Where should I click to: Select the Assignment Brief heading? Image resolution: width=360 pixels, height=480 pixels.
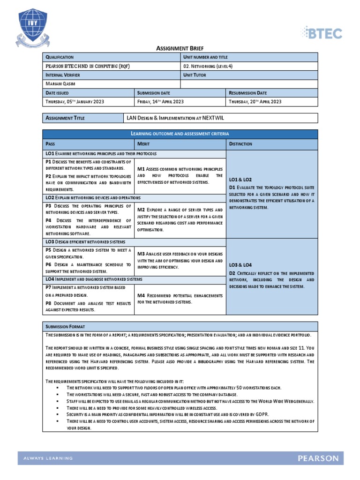(180, 48)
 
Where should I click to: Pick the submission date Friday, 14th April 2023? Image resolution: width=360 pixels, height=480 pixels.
(160, 102)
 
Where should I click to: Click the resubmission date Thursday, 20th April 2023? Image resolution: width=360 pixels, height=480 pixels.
(255, 102)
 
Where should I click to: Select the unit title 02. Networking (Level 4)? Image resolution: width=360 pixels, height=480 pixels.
(208, 66)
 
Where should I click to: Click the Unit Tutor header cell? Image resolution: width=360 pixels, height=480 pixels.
(195, 75)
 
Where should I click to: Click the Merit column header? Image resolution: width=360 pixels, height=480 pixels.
(143, 144)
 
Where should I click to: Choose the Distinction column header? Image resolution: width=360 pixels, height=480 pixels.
(240, 144)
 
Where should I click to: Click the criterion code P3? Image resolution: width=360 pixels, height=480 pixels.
(48, 206)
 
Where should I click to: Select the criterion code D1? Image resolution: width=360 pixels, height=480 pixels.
(232, 187)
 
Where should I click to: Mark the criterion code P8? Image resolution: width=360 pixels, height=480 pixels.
(48, 303)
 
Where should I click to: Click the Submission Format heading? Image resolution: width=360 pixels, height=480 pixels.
(65, 326)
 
